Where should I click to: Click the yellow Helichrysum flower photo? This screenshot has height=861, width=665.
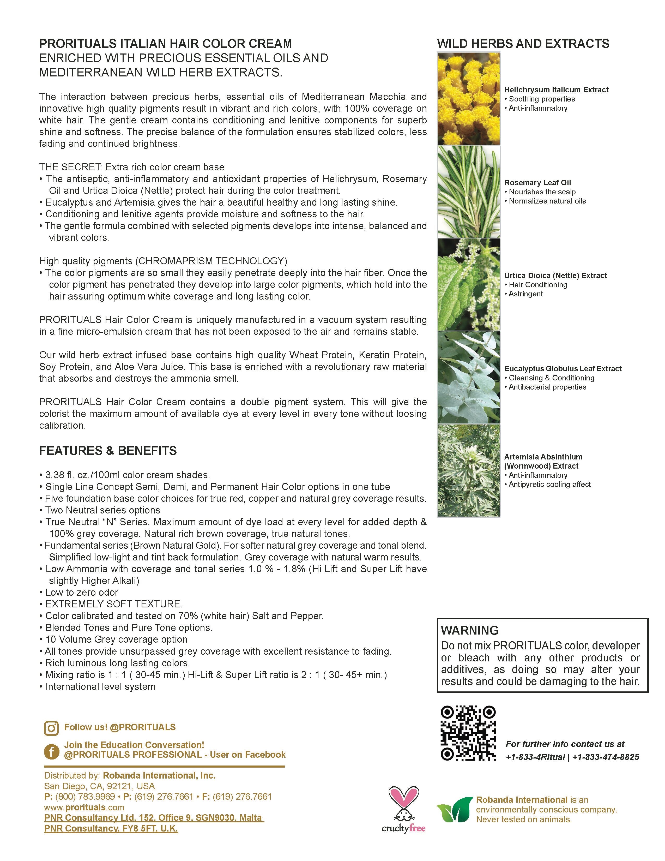468,99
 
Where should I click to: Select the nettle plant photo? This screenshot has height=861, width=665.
468,285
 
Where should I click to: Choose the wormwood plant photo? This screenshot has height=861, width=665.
468,470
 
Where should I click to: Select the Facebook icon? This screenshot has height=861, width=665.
51,751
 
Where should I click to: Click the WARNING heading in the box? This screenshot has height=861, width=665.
470,630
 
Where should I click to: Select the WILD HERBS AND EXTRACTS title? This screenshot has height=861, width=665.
523,44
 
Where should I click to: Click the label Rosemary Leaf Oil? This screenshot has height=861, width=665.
537,183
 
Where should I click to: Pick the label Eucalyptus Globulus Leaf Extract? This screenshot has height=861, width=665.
563,369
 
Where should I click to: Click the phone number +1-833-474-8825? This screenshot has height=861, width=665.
606,757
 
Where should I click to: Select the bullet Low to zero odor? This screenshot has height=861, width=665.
82,592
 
